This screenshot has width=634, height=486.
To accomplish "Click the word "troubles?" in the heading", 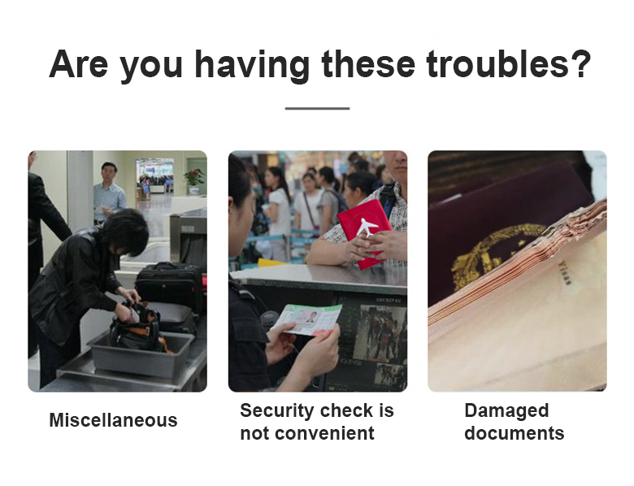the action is (x=508, y=64).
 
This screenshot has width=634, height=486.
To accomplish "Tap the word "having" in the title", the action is (x=252, y=66).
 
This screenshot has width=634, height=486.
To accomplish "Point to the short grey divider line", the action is (x=317, y=108).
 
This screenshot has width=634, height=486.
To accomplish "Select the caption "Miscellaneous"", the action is (x=113, y=420).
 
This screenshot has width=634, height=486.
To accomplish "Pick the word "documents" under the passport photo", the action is (x=514, y=433).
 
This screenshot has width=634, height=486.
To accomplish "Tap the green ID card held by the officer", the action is (x=310, y=319).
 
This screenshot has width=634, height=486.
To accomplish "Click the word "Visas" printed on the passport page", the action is (x=565, y=274).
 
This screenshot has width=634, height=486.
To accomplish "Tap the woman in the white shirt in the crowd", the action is (x=280, y=211).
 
